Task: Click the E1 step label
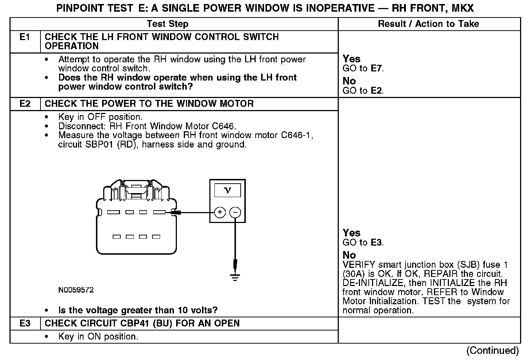click(x=25, y=37)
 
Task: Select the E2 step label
click(x=25, y=104)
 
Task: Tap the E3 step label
click(x=25, y=324)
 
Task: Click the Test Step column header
click(x=167, y=24)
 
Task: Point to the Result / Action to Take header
click(x=429, y=24)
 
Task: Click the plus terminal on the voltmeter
click(x=220, y=212)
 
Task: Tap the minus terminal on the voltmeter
click(x=236, y=212)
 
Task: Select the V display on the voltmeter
click(x=228, y=190)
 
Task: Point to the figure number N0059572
click(x=76, y=290)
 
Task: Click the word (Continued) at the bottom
click(x=492, y=351)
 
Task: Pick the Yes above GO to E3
click(x=352, y=233)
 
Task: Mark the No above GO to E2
click(x=349, y=81)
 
